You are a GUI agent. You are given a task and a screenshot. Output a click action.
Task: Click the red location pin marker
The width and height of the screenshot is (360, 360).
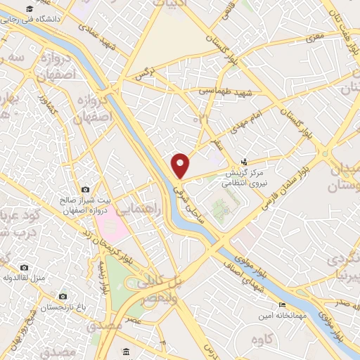[x=181, y=165]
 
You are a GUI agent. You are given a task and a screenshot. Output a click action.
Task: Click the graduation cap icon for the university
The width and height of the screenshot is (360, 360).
[x=30, y=9]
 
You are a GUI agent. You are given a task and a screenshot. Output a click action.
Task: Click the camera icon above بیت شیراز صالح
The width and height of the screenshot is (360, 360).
[x=86, y=190]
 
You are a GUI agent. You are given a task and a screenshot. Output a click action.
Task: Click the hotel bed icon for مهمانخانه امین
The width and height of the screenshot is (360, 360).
[x=282, y=304]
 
